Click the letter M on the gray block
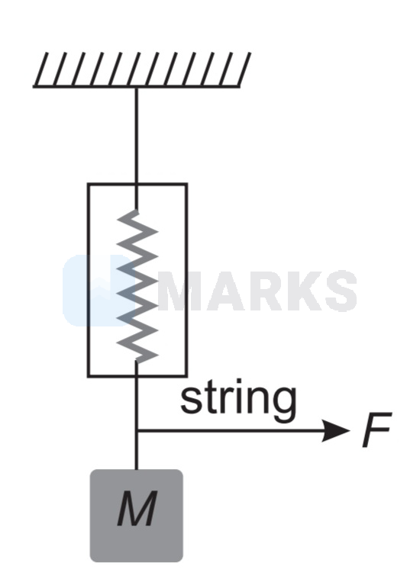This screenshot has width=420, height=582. [137, 509]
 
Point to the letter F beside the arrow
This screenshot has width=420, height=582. [376, 429]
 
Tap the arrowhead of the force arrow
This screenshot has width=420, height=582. [335, 430]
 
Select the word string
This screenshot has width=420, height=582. [238, 400]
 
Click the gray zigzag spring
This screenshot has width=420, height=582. [137, 286]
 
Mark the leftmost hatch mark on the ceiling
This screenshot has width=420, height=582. [41, 69]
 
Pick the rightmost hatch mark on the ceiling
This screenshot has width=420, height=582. [244, 69]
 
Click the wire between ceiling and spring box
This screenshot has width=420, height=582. [137, 136]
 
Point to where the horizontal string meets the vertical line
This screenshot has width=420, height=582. [137, 430]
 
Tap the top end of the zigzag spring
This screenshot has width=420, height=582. [137, 211]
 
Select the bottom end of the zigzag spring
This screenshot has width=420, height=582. [137, 361]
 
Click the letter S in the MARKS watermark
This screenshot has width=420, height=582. [339, 291]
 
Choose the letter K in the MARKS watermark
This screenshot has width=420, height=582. [302, 291]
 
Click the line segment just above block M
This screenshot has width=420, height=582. [137, 450]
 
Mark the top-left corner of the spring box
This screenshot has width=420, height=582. [88, 184]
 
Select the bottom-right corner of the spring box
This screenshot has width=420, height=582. [186, 376]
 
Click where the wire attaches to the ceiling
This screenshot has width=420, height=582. [137, 87]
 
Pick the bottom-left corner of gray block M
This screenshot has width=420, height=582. [91, 561]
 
